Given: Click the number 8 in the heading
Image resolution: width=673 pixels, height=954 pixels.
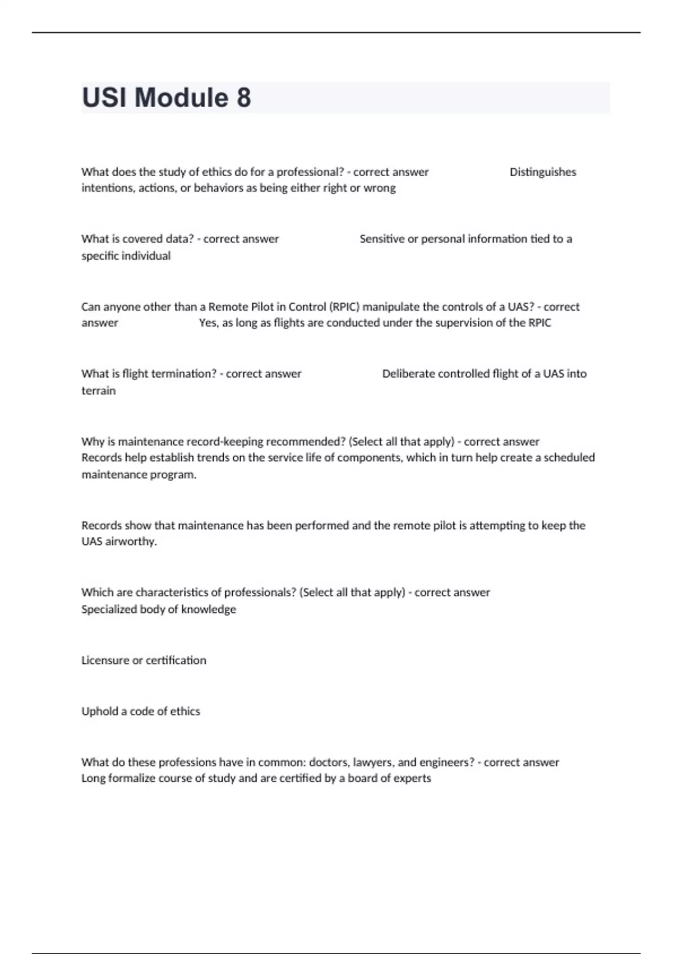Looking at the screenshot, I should pos(244,98).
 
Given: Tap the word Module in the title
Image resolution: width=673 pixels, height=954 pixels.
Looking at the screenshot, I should pos(181,98).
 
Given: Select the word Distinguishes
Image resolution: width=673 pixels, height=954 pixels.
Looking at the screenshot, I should pos(542,172).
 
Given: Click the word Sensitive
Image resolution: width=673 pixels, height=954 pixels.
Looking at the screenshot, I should pos(381,239).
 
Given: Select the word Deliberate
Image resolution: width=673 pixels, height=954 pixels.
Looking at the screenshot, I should pos(408,374).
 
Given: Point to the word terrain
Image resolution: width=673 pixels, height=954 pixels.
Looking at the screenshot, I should pos(99,391).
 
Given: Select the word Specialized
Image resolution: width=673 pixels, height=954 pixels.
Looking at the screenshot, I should pos(109,609).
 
